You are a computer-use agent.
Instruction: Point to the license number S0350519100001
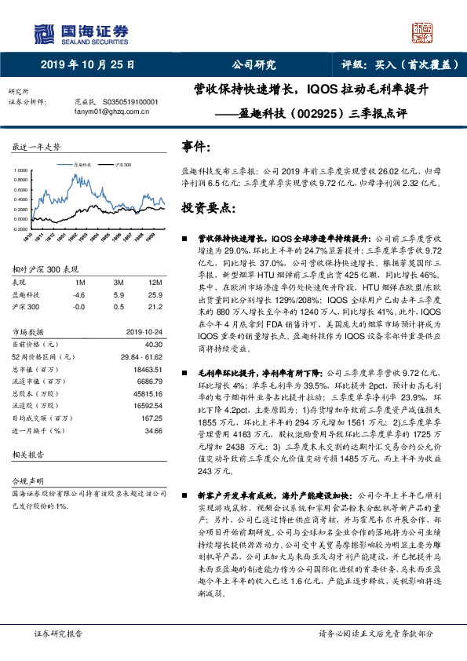coord(126,102)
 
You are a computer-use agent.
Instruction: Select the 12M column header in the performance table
coord(155,282)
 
